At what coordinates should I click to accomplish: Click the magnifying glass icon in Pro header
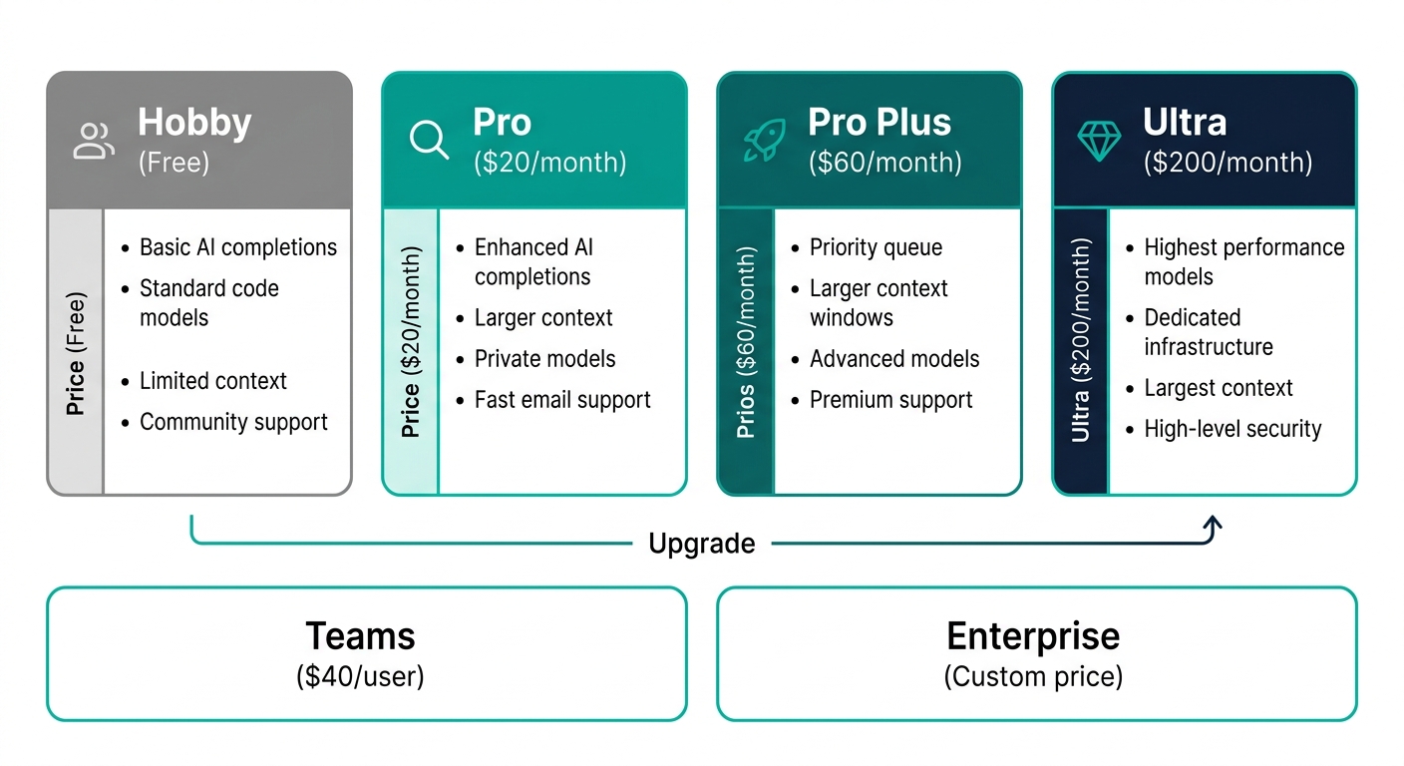pyautogui.click(x=430, y=141)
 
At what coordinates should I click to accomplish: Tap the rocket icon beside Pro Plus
pyautogui.click(x=765, y=141)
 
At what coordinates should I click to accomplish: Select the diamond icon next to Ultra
pyautogui.click(x=1100, y=141)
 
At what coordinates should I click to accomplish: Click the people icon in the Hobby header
pyautogui.click(x=95, y=141)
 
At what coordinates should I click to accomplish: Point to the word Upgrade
pyautogui.click(x=701, y=544)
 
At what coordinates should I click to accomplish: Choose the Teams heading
pyautogui.click(x=360, y=635)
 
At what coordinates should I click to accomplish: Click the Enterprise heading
pyautogui.click(x=1033, y=635)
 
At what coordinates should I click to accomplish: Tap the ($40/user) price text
pyautogui.click(x=360, y=677)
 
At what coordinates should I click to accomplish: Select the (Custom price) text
pyautogui.click(x=1033, y=677)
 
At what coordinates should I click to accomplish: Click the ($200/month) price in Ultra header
pyautogui.click(x=1228, y=162)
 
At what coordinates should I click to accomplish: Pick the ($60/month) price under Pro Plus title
pyautogui.click(x=884, y=162)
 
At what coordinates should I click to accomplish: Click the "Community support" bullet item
pyautogui.click(x=233, y=422)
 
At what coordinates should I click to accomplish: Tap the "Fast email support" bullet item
pyautogui.click(x=562, y=400)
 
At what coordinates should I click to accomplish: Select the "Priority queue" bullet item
pyautogui.click(x=876, y=247)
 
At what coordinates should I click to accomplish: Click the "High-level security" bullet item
pyautogui.click(x=1232, y=429)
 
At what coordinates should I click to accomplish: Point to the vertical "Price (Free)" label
pyautogui.click(x=76, y=353)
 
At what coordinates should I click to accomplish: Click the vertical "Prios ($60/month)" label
pyautogui.click(x=746, y=343)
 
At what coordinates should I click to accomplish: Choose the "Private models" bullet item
pyautogui.click(x=544, y=359)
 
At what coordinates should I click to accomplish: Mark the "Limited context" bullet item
pyautogui.click(x=213, y=381)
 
